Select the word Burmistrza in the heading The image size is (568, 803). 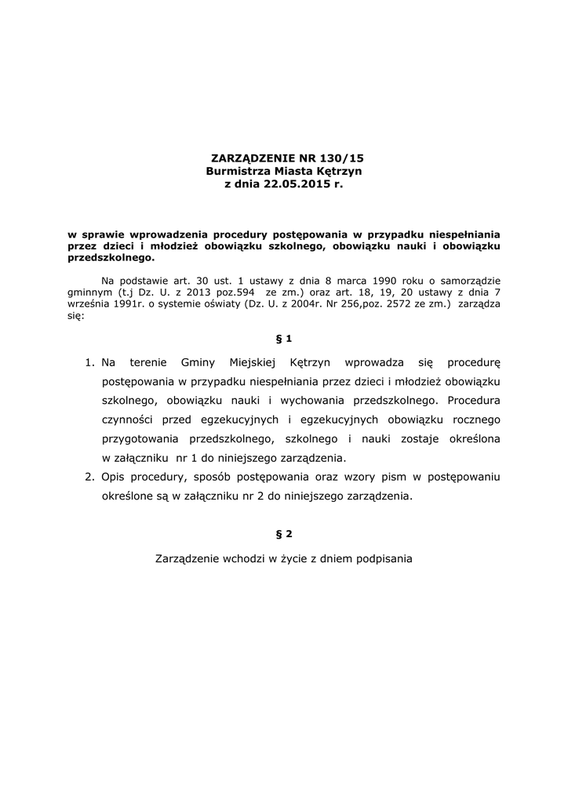pyautogui.click(x=237, y=170)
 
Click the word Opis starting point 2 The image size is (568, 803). pyautogui.click(x=115, y=477)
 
